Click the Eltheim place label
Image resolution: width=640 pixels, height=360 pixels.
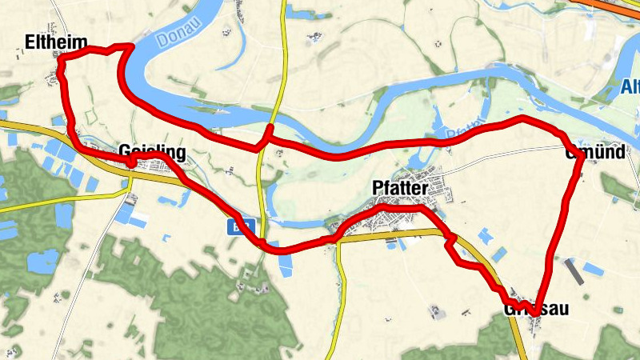tap(55, 42)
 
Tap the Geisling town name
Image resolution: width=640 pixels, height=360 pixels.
tap(152, 152)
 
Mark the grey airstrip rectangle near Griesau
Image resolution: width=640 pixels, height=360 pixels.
tap(574, 271)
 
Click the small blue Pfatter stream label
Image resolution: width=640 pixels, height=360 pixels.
tap(465, 128)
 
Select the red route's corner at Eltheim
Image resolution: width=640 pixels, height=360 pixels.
tap(62, 56)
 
